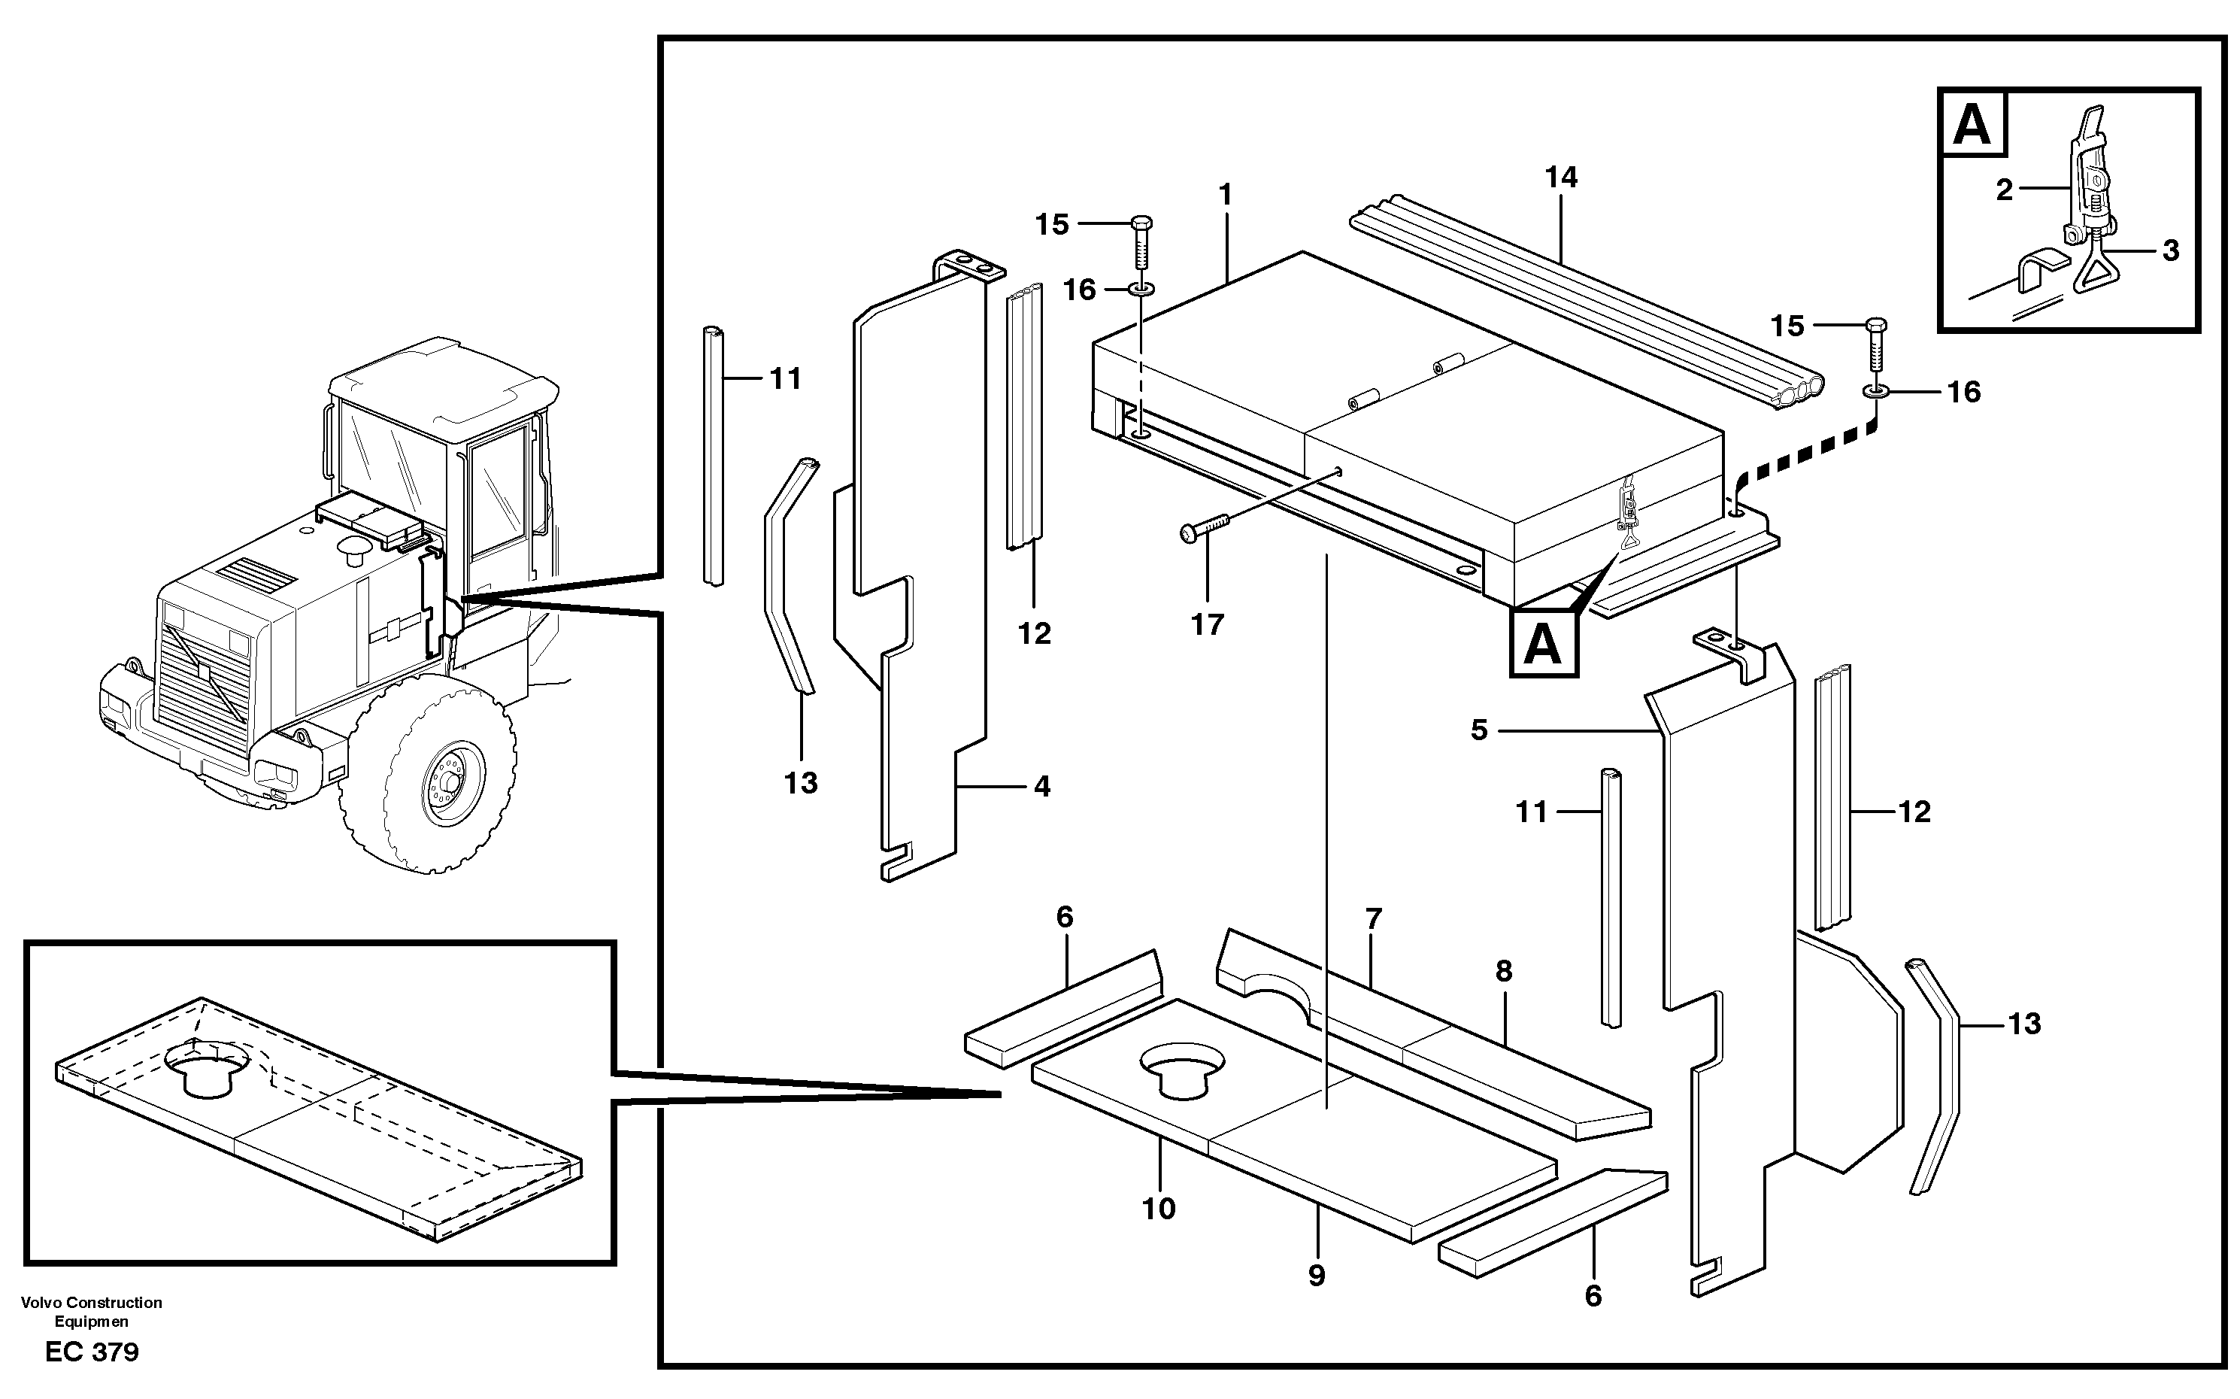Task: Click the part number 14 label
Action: point(1561,178)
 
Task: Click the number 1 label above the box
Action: point(1226,196)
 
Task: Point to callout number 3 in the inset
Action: point(2171,250)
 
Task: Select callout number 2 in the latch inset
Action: point(2004,190)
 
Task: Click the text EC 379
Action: point(92,1352)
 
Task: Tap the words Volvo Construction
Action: point(92,1303)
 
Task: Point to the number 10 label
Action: point(1159,1209)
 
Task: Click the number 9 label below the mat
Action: point(1317,1276)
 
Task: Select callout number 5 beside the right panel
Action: point(1479,731)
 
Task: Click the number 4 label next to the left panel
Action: point(1042,788)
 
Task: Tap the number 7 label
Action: point(1374,919)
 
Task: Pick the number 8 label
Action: point(1504,972)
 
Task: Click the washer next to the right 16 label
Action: point(1875,393)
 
